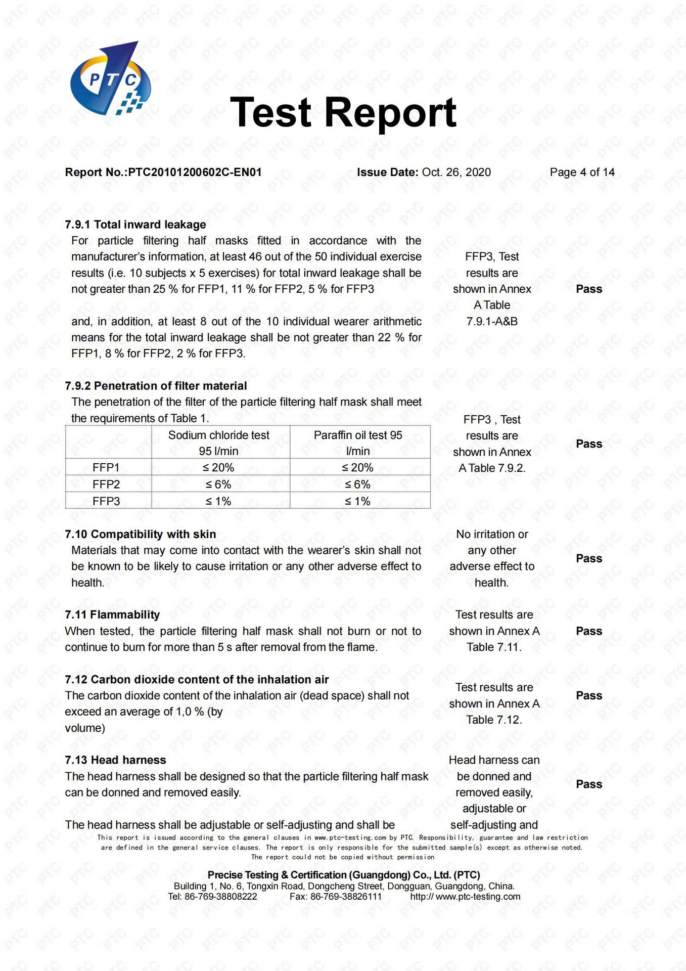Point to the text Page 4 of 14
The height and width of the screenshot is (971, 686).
[x=582, y=172]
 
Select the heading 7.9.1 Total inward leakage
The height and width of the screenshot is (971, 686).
[x=135, y=225]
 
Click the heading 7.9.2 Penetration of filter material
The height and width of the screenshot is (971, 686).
[x=156, y=386]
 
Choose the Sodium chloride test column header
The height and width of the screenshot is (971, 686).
[x=219, y=443]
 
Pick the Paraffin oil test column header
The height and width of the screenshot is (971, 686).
[x=358, y=443]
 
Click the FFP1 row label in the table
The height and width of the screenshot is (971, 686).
[x=106, y=467]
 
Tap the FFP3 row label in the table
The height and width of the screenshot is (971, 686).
[x=106, y=501]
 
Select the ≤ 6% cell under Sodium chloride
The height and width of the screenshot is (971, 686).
[x=218, y=484]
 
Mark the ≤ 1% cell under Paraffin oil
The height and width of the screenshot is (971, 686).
[x=358, y=501]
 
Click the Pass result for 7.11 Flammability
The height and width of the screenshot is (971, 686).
[x=589, y=631]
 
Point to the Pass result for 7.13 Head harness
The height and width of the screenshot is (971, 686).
[x=589, y=784]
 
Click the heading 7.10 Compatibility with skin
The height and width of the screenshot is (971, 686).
[x=141, y=535]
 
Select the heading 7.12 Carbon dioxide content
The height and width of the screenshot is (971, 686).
[x=197, y=680]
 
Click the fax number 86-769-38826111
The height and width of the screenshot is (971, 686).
[x=346, y=897]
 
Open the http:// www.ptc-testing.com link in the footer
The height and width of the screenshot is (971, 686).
[x=465, y=897]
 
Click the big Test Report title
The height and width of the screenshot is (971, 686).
[x=343, y=112]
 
